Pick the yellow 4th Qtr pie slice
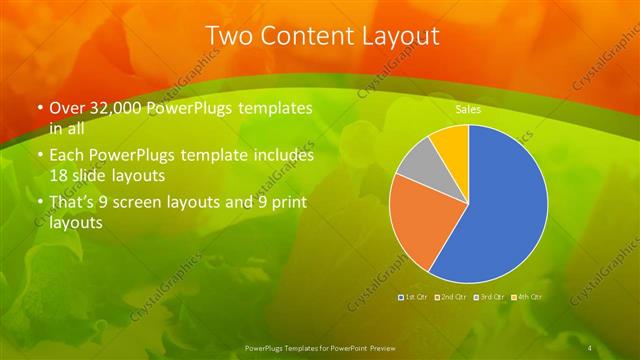pyautogui.click(x=452, y=143)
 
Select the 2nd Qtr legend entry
pyautogui.click(x=452, y=297)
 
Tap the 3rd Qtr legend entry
pyautogui.click(x=490, y=297)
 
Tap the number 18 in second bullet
pyautogui.click(x=59, y=174)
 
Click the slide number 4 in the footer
pyautogui.click(x=590, y=347)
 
